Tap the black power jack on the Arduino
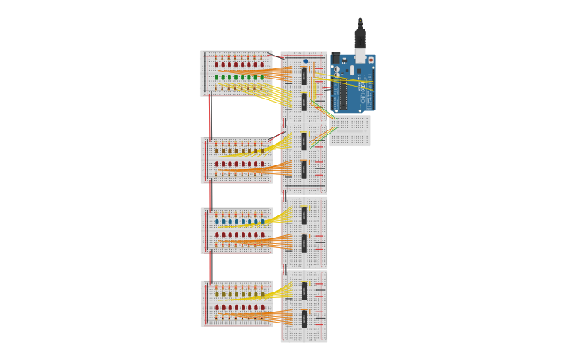(x=336, y=58)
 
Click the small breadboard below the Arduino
(x=350, y=131)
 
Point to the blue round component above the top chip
(x=306, y=61)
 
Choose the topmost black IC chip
(x=303, y=75)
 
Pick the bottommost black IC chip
(x=303, y=319)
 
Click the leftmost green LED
(x=217, y=78)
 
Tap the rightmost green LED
(x=262, y=78)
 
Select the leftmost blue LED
(x=217, y=222)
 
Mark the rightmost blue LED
(x=262, y=222)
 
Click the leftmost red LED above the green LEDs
(x=217, y=64)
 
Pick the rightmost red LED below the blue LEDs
(x=262, y=235)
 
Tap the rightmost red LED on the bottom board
(x=262, y=308)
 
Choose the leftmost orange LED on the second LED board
(x=217, y=150)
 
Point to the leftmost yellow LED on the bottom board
(x=217, y=294)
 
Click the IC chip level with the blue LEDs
(x=303, y=215)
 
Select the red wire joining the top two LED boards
(x=210, y=116)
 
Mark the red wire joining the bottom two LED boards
(x=211, y=267)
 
